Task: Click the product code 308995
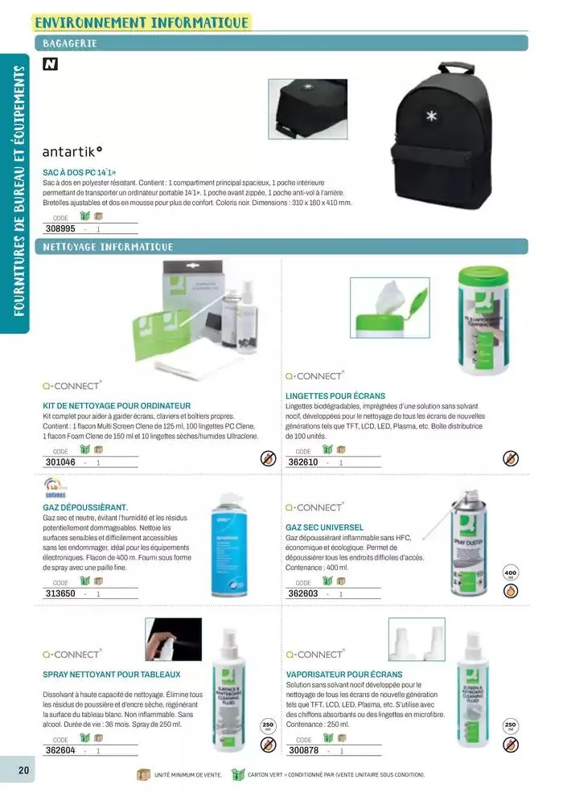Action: [60, 228]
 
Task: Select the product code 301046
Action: [60, 462]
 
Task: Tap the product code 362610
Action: [303, 462]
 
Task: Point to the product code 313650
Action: [60, 593]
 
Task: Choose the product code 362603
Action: [303, 593]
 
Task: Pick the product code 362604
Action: [60, 750]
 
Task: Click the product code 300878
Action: [303, 750]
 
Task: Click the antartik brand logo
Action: [72, 150]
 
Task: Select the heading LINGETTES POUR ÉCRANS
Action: [335, 396]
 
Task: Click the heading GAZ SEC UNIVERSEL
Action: [324, 527]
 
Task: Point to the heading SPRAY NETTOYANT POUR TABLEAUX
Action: [111, 674]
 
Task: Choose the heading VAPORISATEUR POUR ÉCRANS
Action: [344, 674]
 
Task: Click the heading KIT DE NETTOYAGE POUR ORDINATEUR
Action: [116, 405]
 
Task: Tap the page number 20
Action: [24, 769]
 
